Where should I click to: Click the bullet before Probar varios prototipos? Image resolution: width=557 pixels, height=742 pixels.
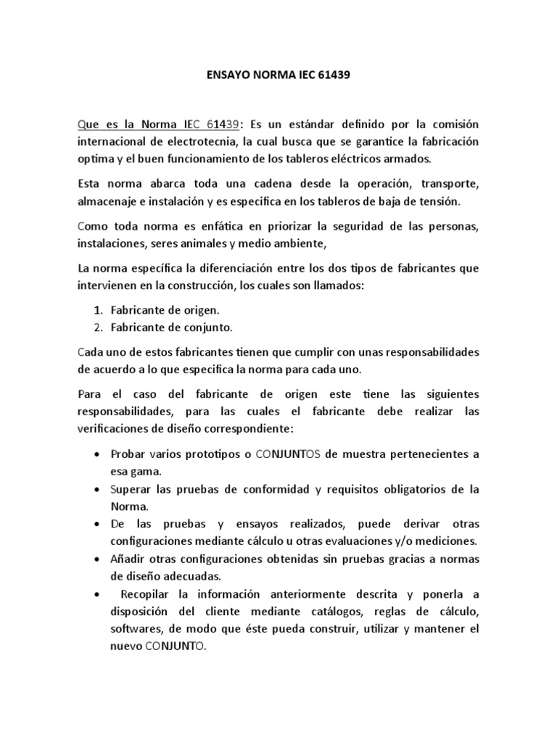pyautogui.click(x=98, y=454)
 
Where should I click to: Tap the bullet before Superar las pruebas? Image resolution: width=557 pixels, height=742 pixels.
pyautogui.click(x=98, y=489)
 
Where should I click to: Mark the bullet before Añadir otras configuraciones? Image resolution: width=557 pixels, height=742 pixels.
pyautogui.click(x=98, y=559)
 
